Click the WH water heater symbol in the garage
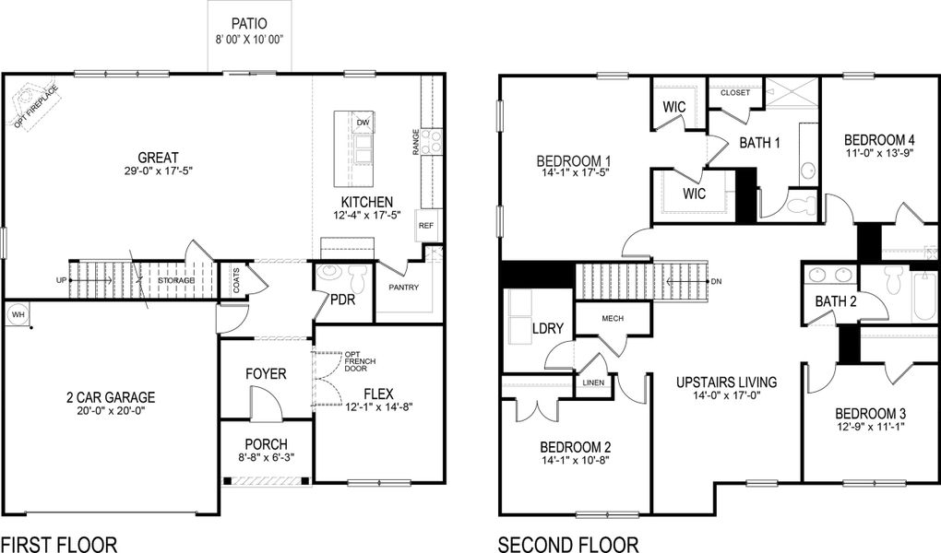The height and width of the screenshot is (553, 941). tap(18, 315)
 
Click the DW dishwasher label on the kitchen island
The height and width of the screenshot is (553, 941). tap(363, 122)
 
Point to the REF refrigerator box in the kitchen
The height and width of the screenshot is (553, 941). tap(426, 226)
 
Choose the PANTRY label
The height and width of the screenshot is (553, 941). tap(403, 288)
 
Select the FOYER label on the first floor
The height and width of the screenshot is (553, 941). tap(265, 374)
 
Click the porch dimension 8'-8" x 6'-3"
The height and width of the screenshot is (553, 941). tap(266, 458)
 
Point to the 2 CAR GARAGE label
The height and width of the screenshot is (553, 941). tap(110, 397)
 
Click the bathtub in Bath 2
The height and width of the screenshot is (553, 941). tap(923, 294)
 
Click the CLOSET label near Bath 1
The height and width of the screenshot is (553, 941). tap(735, 93)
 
